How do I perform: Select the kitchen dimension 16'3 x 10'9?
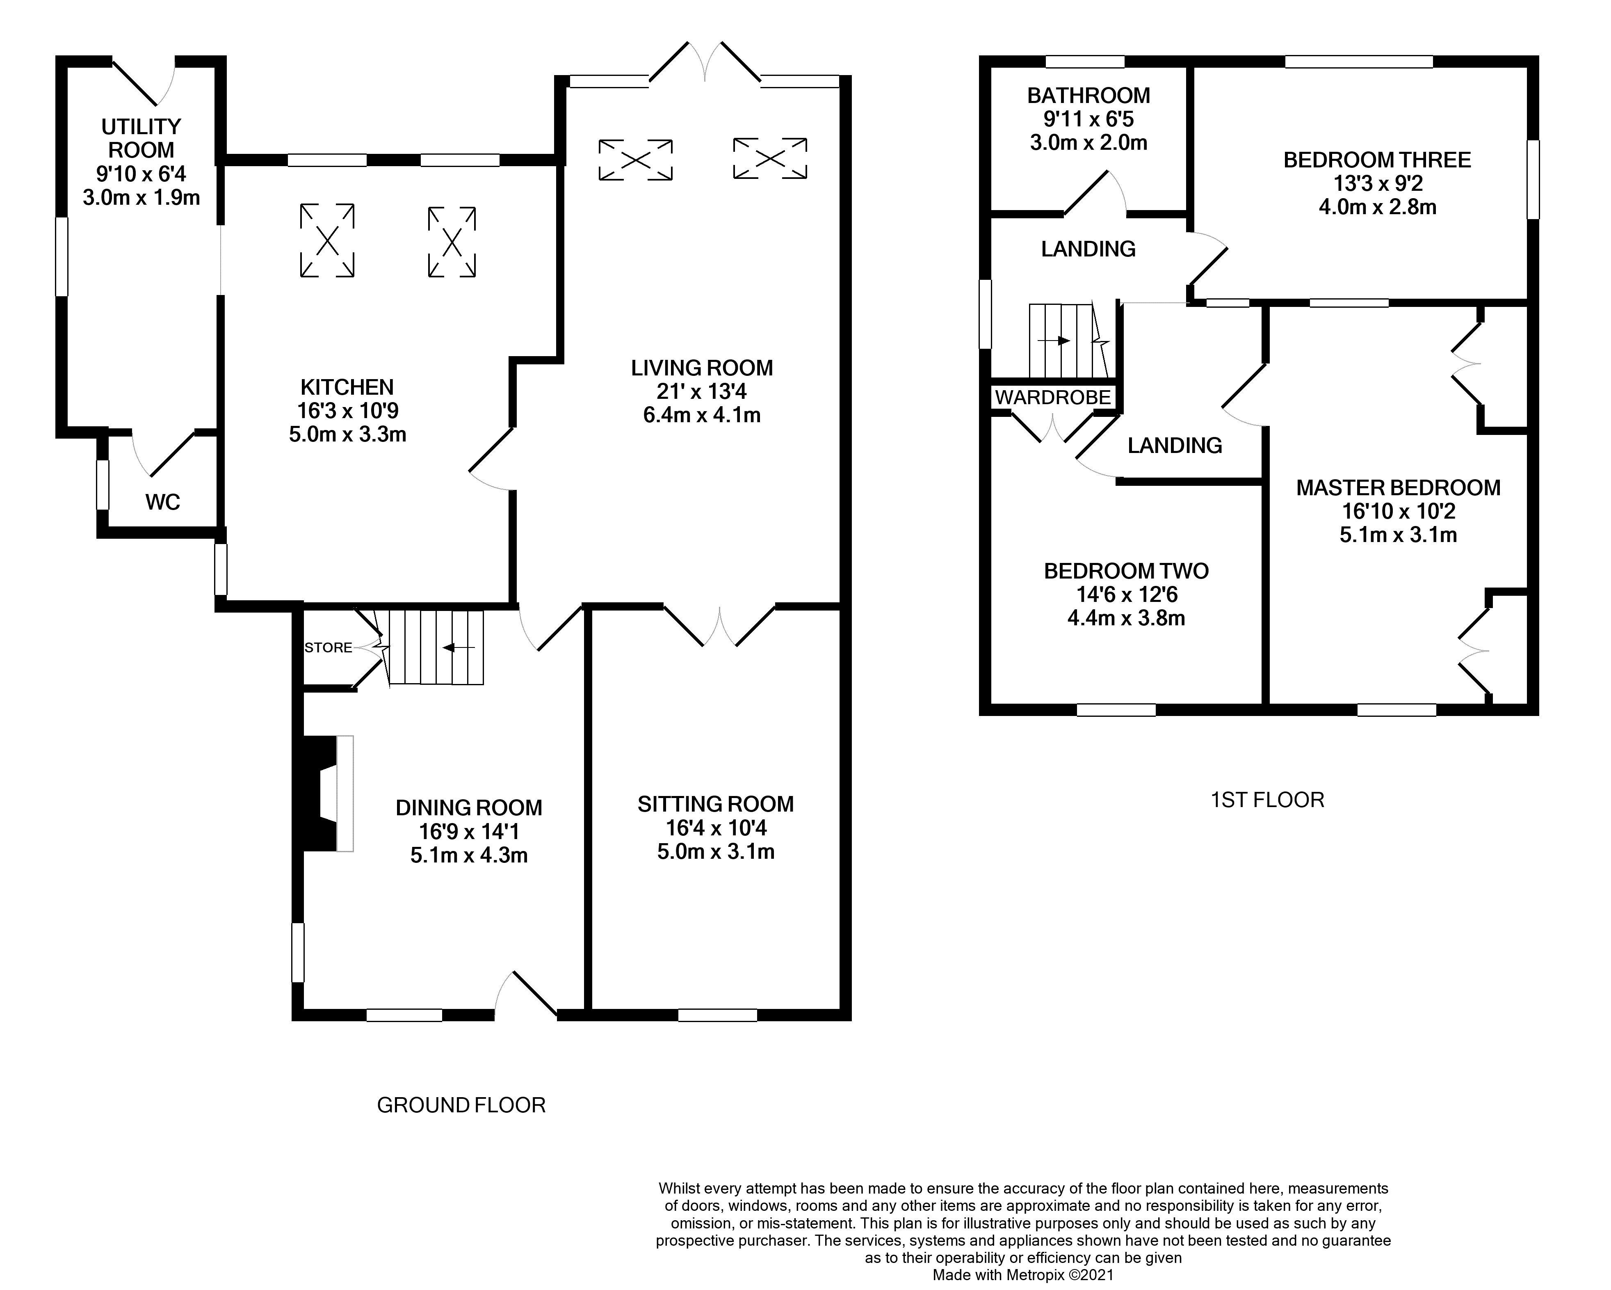pos(347,410)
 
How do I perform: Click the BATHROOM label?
pos(1088,96)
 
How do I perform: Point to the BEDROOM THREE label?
pos(1377,160)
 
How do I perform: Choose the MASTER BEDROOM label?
pos(1398,488)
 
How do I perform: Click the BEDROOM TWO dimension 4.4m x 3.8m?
pos(1126,618)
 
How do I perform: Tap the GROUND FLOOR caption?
pos(461,1105)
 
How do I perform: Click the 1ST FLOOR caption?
pos(1267,800)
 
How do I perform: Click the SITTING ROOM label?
pos(715,804)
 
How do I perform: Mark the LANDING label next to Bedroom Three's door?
pos(1088,249)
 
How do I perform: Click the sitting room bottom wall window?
pos(717,1015)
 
